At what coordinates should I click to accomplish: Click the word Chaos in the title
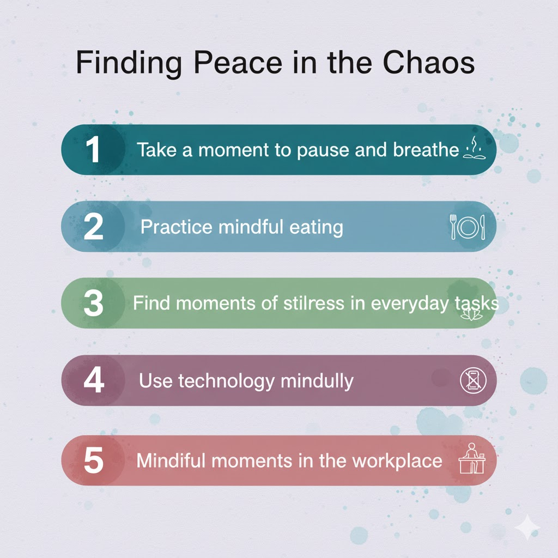click(428, 62)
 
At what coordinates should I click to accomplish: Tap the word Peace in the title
click(238, 62)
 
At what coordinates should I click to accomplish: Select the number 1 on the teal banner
click(93, 150)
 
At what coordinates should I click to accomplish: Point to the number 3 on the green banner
click(93, 303)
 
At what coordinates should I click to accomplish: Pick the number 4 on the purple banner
click(94, 380)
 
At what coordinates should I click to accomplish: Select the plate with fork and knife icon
click(467, 227)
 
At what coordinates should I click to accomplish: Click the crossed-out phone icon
click(474, 380)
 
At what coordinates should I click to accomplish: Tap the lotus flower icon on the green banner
click(471, 314)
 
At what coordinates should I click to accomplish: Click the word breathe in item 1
click(426, 149)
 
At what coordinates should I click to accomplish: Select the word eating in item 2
click(317, 227)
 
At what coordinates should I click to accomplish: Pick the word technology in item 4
click(226, 381)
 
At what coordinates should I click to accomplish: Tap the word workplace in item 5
click(397, 461)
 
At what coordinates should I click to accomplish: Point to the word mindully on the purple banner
click(317, 381)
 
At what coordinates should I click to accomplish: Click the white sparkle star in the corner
click(527, 527)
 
